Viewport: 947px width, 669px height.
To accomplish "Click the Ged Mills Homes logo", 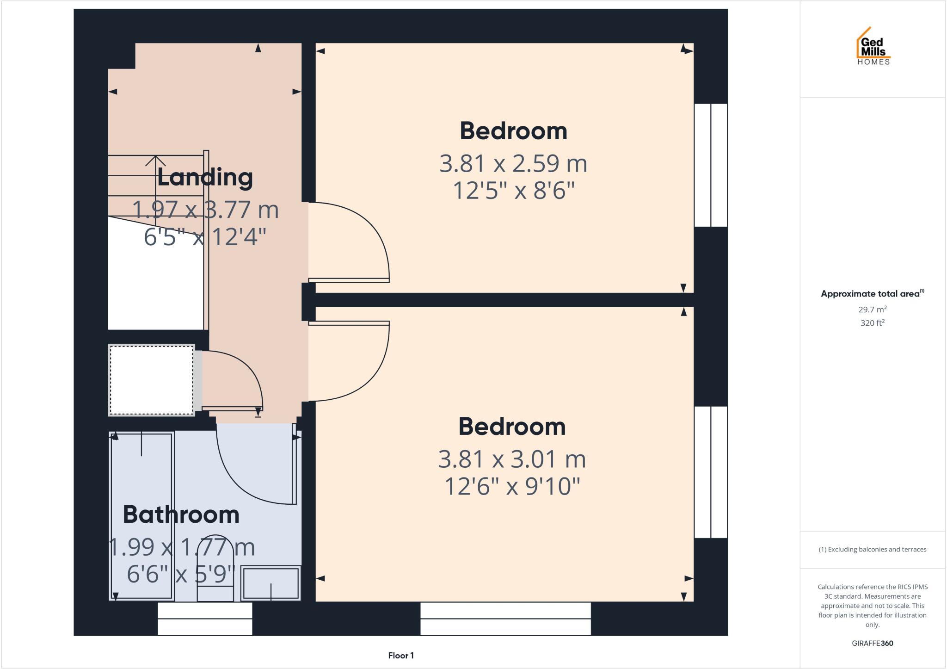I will pos(873,46).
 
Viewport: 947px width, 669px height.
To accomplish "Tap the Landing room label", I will pos(205,178).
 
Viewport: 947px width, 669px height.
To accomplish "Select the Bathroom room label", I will pos(181,515).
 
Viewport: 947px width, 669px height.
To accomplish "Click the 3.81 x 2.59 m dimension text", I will pos(513,164).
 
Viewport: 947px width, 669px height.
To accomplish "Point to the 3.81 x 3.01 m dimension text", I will pos(512,459).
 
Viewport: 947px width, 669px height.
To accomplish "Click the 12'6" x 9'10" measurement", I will pos(512,487).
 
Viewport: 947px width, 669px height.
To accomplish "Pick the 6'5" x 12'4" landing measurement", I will pos(205,237).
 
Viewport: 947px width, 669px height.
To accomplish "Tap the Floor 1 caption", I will pos(401,656).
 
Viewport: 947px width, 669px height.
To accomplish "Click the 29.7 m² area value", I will pos(872,310).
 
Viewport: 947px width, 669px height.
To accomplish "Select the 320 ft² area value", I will pos(872,323).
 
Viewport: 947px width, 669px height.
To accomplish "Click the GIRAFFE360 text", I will pos(872,643).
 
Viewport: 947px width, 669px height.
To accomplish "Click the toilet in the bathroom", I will pos(215,571).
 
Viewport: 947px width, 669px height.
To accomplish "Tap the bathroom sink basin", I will pos(271,583).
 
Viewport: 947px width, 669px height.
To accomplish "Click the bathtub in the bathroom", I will pos(141,516).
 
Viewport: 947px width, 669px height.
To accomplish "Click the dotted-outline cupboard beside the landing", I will pos(151,380).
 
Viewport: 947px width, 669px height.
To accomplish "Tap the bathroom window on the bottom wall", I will pos(205,619).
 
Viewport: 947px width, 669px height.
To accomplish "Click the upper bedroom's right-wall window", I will pos(711,165).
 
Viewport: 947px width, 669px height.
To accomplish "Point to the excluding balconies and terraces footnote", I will pos(872,550).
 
